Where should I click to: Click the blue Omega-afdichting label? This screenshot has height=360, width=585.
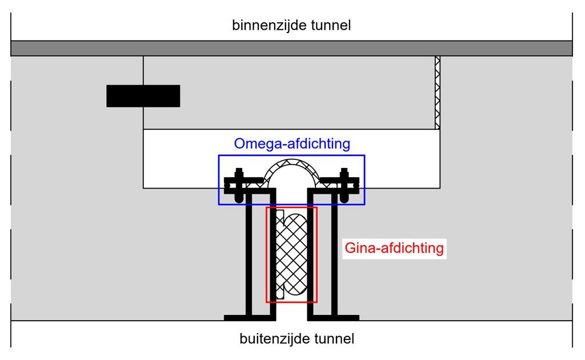coord(291,144)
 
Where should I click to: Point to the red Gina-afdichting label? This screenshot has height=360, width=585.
coord(394,249)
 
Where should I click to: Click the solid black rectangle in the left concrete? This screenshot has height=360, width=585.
coord(143,96)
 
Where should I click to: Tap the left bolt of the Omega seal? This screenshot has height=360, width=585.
coord(239,184)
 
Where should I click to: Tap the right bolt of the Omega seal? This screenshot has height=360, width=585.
coord(344,184)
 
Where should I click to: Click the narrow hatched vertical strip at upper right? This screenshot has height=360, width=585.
coord(438,92)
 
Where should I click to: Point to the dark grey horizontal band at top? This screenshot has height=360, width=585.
coord(291,48)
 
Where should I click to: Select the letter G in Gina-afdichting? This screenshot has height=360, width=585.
coord(350,249)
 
